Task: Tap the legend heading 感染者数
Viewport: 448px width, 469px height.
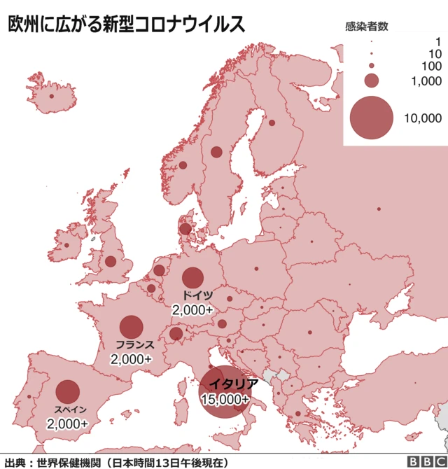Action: [x=367, y=27]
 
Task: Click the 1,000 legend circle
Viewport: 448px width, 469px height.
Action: [x=371, y=80]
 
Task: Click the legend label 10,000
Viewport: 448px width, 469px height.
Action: [x=423, y=118]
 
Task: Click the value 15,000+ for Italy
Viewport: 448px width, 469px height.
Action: [x=225, y=399]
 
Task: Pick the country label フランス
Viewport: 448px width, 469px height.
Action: [x=135, y=345]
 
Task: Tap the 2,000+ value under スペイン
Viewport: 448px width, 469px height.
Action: [x=67, y=423]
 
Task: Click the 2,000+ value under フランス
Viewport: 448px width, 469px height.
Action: [x=131, y=358]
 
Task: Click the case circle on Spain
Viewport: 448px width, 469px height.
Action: [x=68, y=391]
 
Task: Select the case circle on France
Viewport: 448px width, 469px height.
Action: [x=131, y=327]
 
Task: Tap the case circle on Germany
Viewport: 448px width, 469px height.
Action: [x=192, y=278]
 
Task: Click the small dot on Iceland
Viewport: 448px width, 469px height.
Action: [x=51, y=96]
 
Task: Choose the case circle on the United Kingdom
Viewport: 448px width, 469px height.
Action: [x=111, y=261]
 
